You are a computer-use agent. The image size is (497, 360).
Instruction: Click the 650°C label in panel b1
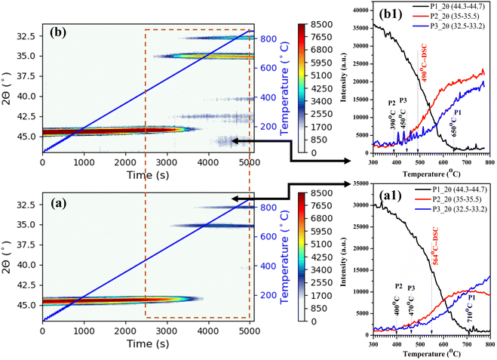point(454,124)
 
